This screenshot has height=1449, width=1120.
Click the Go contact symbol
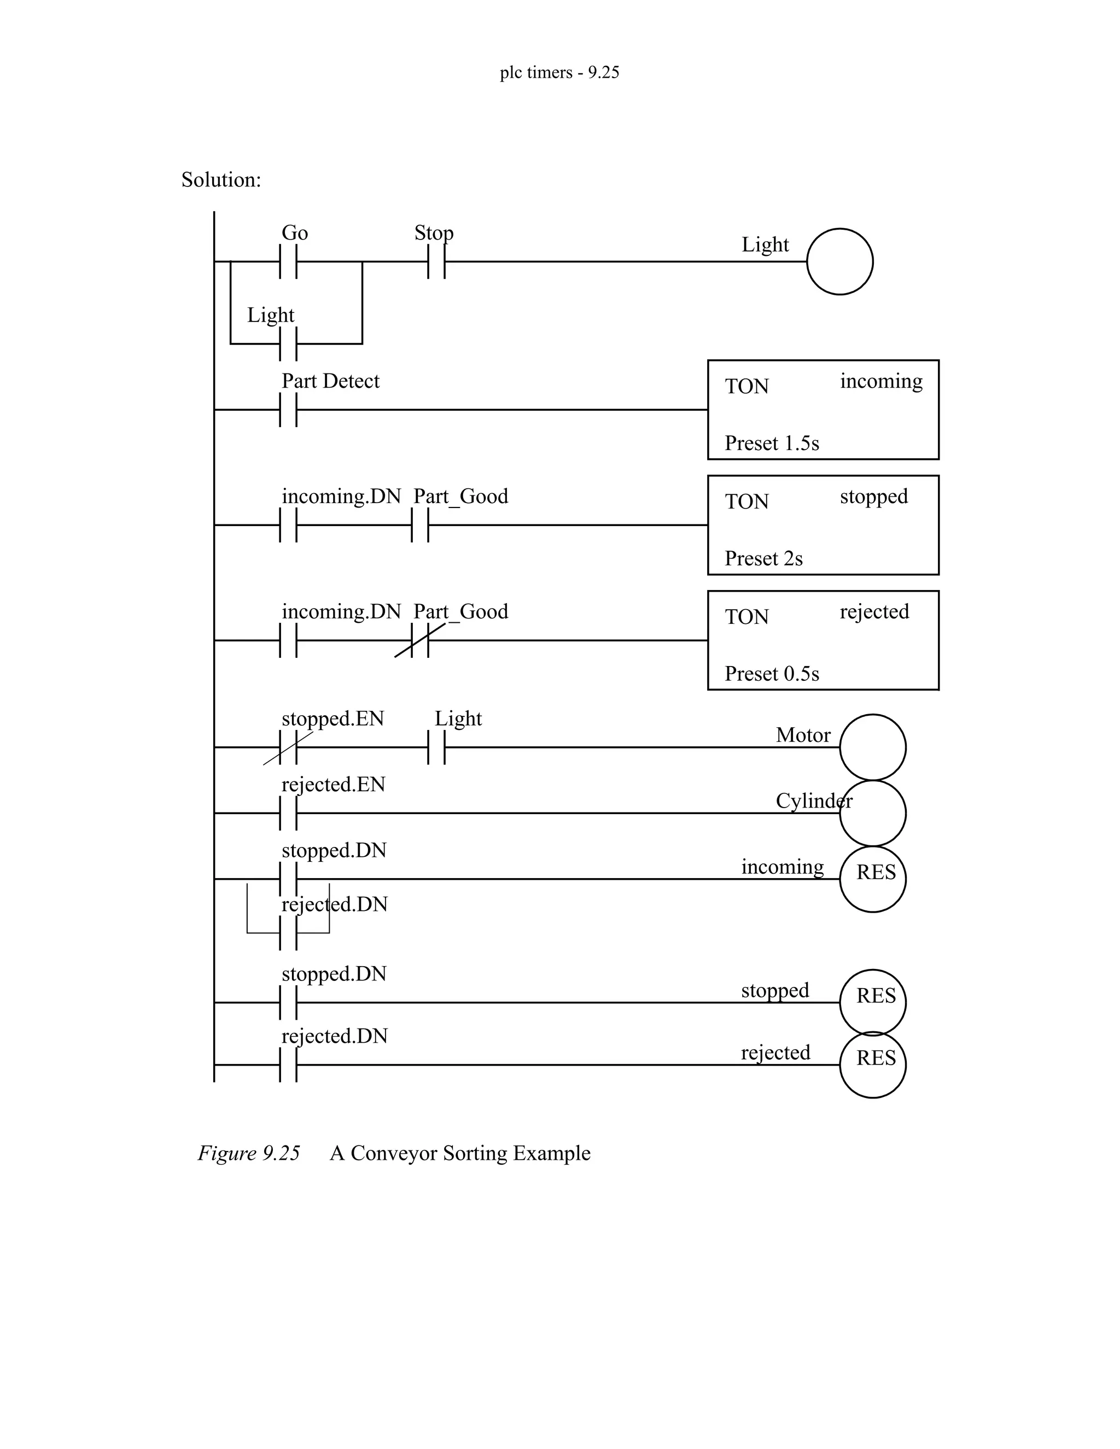click(288, 261)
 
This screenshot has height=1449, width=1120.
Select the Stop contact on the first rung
click(436, 261)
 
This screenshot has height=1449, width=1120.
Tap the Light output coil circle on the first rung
click(839, 261)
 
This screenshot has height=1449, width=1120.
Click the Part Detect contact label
click(330, 381)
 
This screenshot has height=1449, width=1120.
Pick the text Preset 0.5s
click(772, 674)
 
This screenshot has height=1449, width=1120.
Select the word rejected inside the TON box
click(874, 612)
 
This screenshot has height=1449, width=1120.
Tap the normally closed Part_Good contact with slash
click(420, 640)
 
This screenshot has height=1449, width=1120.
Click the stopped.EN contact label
click(333, 718)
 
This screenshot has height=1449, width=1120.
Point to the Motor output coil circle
click(872, 747)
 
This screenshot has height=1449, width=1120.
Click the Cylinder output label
click(813, 801)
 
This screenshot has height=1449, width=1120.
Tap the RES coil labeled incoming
click(872, 879)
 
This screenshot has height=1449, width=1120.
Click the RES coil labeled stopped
click(872, 1002)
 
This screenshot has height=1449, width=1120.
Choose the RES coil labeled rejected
click(872, 1065)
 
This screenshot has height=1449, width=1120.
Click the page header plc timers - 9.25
click(559, 72)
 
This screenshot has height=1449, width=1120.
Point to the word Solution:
click(221, 180)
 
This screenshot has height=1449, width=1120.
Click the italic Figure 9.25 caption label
click(249, 1153)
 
